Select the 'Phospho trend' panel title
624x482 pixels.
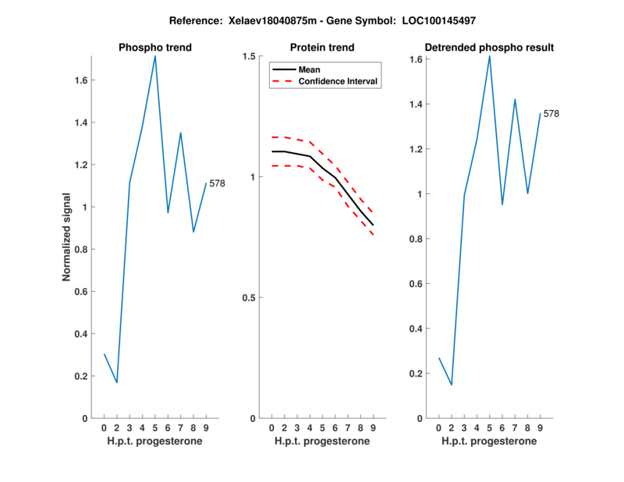(155, 48)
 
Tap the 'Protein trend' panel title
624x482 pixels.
(322, 48)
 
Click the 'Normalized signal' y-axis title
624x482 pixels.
(67, 237)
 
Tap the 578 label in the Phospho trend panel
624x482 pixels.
(218, 183)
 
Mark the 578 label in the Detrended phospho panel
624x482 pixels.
(551, 114)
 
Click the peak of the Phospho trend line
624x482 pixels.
(155, 56)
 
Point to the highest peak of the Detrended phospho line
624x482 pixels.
(490, 56)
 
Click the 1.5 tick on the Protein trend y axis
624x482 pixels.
(250, 56)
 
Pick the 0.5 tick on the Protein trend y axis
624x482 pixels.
(250, 298)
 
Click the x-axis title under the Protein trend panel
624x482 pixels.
(322, 441)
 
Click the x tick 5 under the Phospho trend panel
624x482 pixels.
(155, 428)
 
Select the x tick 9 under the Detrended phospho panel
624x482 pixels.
(540, 428)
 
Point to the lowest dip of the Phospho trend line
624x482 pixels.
(117, 382)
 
